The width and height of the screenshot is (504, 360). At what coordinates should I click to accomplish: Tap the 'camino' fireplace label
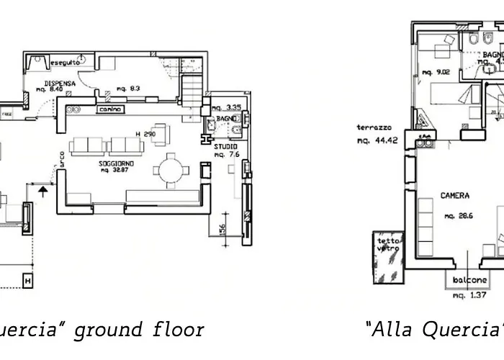[x=108, y=109]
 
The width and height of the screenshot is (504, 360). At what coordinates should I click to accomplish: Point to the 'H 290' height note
[x=145, y=135]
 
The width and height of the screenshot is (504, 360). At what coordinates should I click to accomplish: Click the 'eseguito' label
[x=64, y=63]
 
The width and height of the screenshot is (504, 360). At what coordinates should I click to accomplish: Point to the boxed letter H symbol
[x=28, y=279]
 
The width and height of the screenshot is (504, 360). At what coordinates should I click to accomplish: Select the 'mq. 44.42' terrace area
[x=377, y=140]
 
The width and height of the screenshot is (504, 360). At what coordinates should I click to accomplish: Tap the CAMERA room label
[x=455, y=195]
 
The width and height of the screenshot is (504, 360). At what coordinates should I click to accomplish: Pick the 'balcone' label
[x=469, y=280]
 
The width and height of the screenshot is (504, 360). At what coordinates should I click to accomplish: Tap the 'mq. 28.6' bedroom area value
[x=458, y=215]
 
